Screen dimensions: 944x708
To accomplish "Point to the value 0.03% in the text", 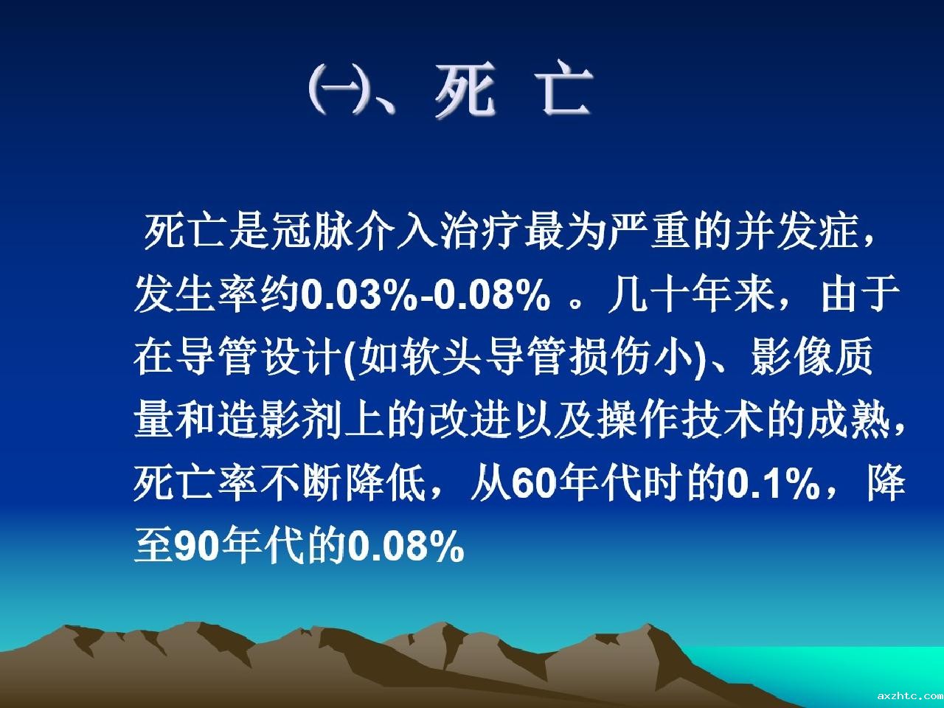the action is pyautogui.click(x=359, y=296).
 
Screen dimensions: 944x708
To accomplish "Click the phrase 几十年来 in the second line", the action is pyautogui.click(x=693, y=295).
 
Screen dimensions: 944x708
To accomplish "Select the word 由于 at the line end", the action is pyautogui.click(x=860, y=295).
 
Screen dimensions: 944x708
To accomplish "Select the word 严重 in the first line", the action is pyautogui.click(x=650, y=232).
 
